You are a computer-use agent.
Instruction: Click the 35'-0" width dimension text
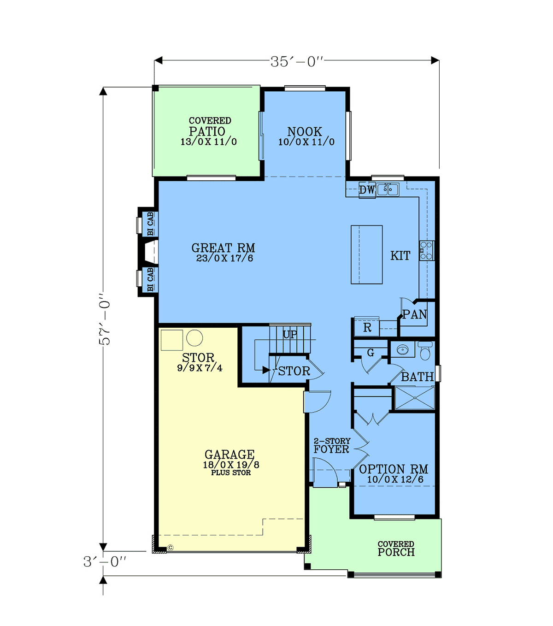pos(297,61)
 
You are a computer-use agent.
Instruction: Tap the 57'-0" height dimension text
pos(105,319)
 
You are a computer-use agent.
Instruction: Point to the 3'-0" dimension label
pos(105,562)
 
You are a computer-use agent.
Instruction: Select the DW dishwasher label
pos(367,190)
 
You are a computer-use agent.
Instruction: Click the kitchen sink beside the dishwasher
pos(388,189)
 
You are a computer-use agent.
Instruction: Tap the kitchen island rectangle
pos(367,254)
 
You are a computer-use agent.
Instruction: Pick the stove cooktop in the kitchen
pos(427,251)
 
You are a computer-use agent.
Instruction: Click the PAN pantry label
pos(415,314)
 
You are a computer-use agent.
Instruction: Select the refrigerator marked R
pos(367,327)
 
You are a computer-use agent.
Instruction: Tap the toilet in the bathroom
pos(425,351)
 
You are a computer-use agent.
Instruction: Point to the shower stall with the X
pos(415,398)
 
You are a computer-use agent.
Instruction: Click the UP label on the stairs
pos(290,334)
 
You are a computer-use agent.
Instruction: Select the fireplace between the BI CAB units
pos(151,252)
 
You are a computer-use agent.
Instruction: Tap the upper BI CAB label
pos(150,224)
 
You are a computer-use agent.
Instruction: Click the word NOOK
pos(305,132)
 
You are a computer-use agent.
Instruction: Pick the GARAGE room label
pos(229,455)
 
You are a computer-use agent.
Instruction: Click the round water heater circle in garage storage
pos(194,338)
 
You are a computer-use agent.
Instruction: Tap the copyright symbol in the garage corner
pos(171,548)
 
